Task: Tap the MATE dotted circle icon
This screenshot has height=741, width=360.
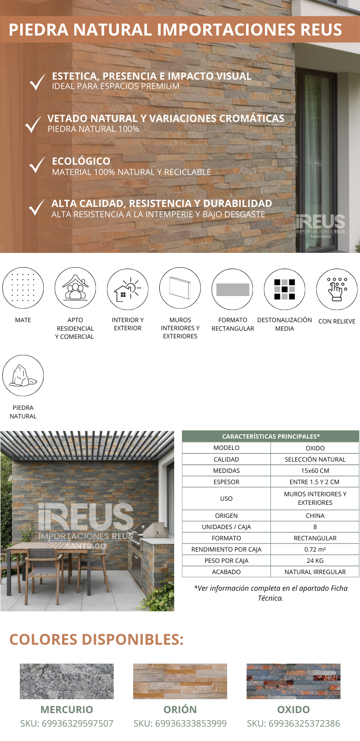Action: click(23, 288)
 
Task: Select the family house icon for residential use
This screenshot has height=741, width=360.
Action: click(75, 288)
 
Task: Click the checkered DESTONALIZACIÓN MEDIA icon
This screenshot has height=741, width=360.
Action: click(284, 289)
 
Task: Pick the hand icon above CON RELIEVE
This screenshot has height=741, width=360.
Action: click(337, 289)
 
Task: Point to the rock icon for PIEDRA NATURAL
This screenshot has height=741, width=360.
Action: click(23, 376)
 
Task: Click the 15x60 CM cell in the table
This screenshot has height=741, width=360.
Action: click(315, 471)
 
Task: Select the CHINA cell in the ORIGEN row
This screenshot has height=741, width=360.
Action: click(315, 516)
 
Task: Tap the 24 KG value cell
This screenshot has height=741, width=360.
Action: click(315, 561)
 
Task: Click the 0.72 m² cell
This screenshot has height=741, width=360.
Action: click(315, 549)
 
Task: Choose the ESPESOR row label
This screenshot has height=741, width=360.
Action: click(226, 482)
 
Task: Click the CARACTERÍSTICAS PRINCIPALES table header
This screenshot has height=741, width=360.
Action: click(271, 436)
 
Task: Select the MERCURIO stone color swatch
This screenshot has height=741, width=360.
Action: click(67, 681)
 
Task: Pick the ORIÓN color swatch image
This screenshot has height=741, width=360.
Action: click(180, 681)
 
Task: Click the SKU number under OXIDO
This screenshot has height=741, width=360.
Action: click(293, 723)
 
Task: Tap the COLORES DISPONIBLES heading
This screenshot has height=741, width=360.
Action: click(96, 639)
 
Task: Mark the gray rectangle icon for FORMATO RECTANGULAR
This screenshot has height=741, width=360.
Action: click(233, 289)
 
